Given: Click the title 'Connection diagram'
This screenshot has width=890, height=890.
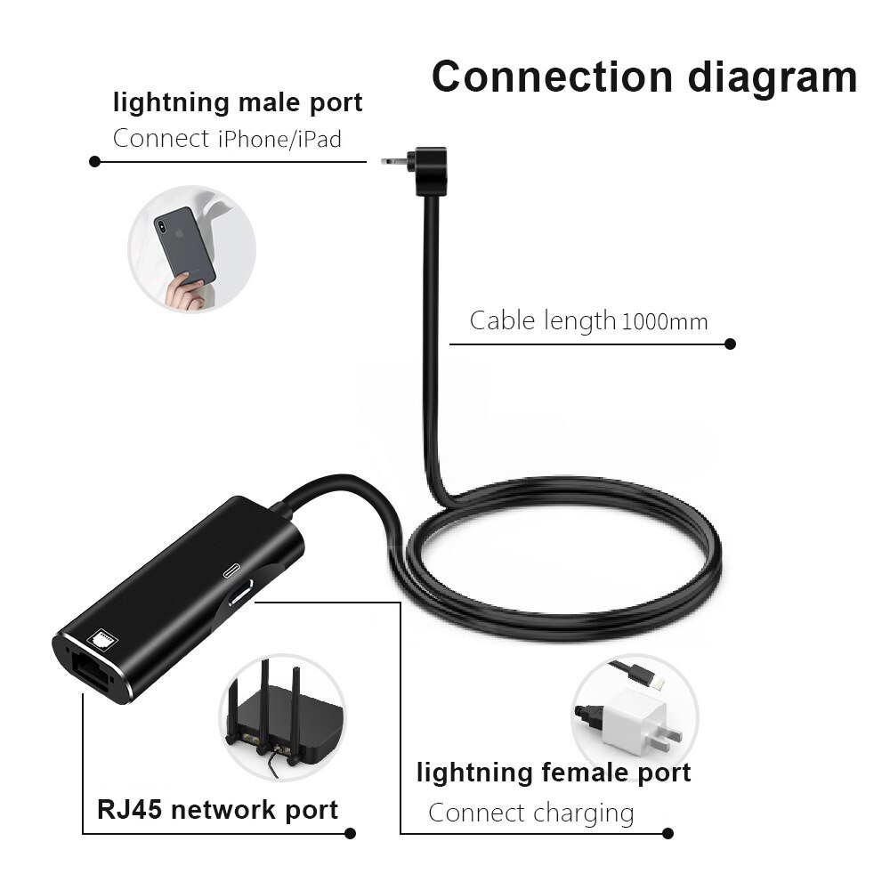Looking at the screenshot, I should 643,77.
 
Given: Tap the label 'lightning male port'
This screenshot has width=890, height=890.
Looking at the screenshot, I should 238,102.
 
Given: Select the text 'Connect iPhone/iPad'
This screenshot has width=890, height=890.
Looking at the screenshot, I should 227,139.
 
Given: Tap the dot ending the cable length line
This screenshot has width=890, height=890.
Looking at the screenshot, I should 730,344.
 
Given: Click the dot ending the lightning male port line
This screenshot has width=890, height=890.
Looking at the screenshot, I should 94,162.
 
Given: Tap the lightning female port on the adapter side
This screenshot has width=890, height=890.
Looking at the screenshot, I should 239,595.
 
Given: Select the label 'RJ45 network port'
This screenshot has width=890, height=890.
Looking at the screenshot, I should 217,810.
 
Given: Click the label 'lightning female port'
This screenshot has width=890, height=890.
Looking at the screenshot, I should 554,773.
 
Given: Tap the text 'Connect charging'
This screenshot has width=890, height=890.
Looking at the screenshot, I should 531,813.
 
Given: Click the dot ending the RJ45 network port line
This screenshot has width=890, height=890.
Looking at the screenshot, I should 350,834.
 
